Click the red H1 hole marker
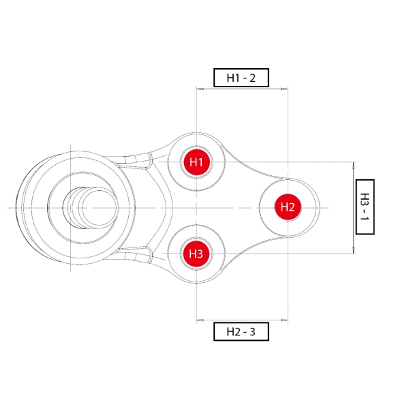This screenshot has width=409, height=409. [x=196, y=162]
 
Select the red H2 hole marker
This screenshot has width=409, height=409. [x=287, y=207]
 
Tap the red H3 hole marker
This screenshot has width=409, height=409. [x=196, y=254]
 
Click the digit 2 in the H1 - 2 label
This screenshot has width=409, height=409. [x=252, y=78]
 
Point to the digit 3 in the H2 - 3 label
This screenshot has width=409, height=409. [x=252, y=332]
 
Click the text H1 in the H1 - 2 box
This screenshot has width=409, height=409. [x=232, y=78]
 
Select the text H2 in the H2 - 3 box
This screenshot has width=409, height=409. [x=232, y=332]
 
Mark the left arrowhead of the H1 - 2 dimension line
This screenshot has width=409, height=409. [x=199, y=89]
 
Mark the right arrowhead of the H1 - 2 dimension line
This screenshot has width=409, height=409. [x=285, y=89]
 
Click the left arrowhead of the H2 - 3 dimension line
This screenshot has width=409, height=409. [x=199, y=320]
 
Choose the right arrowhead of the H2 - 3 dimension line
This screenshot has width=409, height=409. [x=285, y=320]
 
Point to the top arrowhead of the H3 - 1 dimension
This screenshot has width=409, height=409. [x=354, y=164]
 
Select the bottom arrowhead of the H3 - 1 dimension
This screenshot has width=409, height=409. [x=354, y=251]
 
